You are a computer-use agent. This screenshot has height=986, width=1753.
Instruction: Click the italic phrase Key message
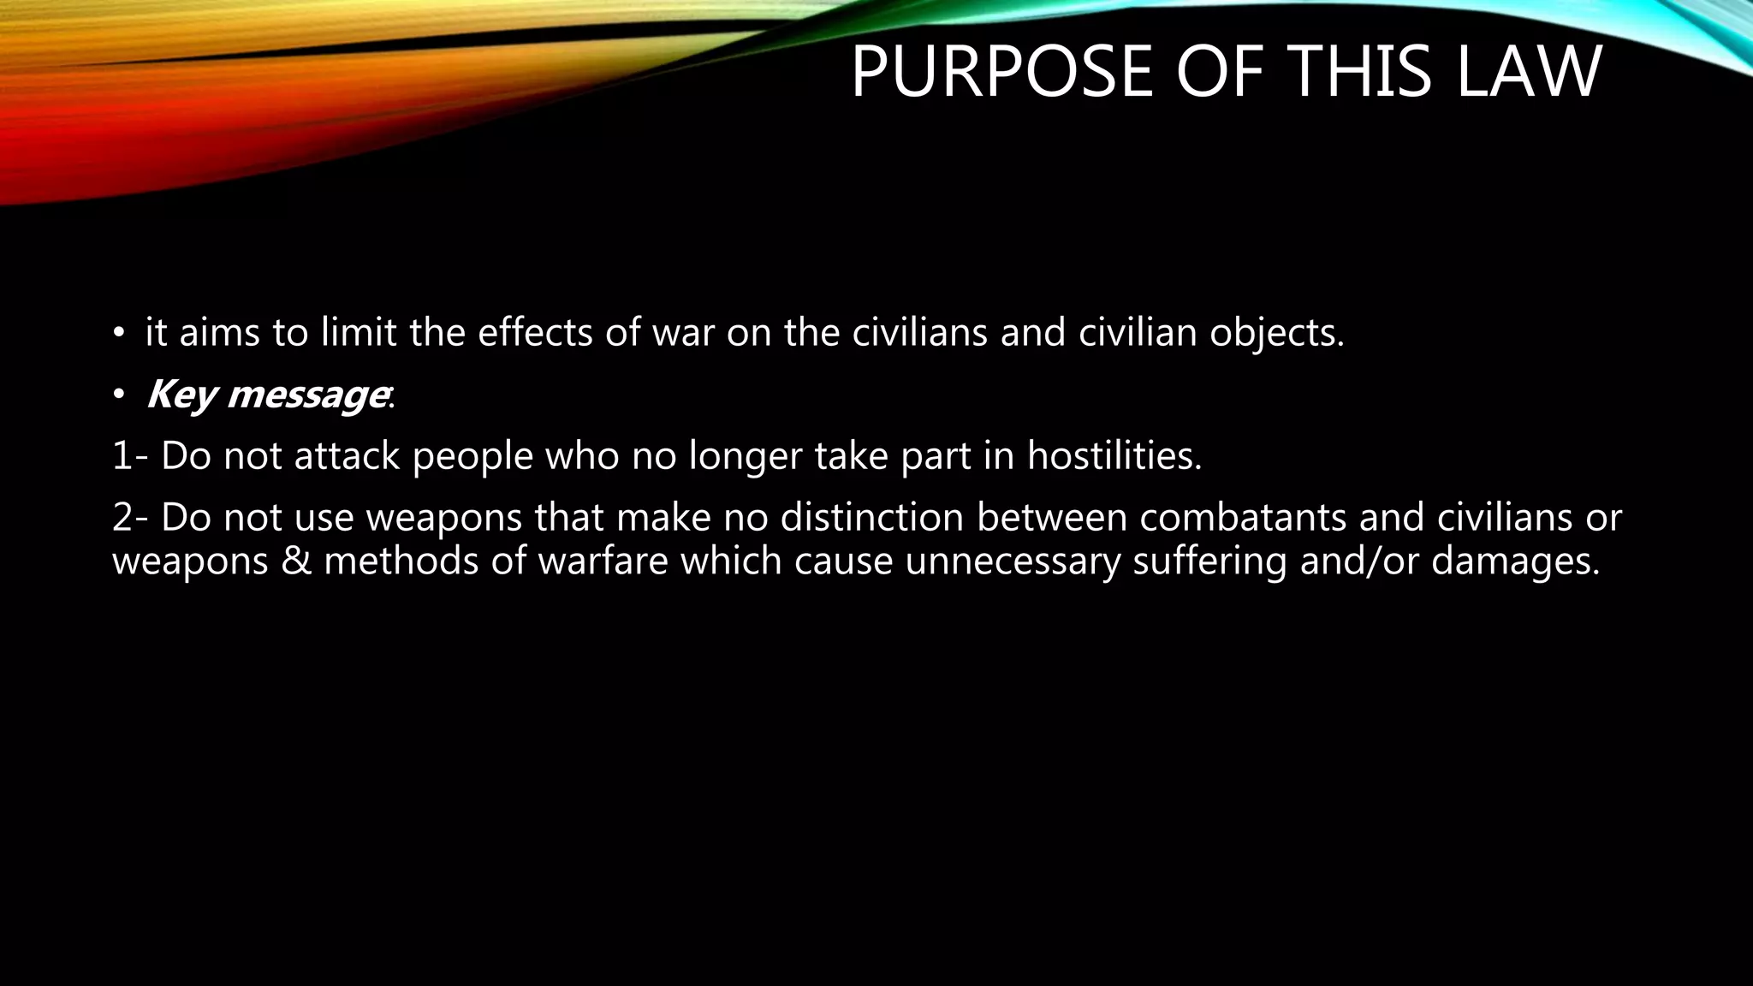(266, 395)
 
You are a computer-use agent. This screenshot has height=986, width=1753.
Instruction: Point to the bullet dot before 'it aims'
(119, 334)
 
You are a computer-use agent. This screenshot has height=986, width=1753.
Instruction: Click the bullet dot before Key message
(119, 395)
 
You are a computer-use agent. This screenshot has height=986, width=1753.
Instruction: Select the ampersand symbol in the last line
(296, 562)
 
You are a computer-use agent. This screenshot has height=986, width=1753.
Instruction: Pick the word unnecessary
(1012, 562)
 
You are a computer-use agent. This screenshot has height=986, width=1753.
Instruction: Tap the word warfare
(603, 562)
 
